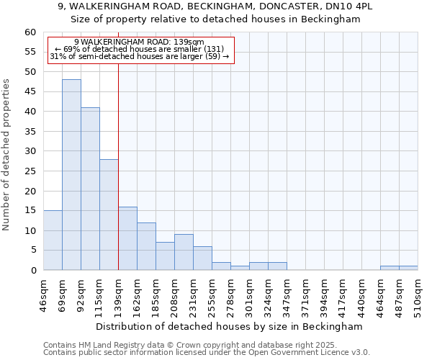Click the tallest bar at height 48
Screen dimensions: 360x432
pos(71,175)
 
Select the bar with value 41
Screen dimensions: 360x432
pos(90,189)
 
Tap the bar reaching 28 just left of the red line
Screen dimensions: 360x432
pos(109,215)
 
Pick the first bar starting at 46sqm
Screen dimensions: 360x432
pos(53,240)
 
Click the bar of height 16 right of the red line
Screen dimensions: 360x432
pos(127,238)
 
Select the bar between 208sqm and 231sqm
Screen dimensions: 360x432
pos(184,252)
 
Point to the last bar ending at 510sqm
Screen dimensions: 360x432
pos(408,268)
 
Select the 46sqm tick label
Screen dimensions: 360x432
pos(44,294)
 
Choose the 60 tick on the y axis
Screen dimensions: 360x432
pos(30,32)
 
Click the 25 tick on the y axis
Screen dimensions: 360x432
pos(30,171)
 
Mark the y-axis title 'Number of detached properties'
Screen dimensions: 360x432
pos(7,155)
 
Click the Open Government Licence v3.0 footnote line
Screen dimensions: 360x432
pos(207,353)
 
